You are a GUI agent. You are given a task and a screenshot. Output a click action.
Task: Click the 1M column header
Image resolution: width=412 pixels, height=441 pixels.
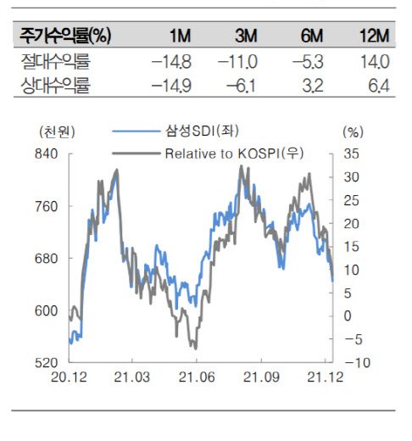tap(181, 36)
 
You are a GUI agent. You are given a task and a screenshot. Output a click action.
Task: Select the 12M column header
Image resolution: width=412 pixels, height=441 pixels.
tap(375, 36)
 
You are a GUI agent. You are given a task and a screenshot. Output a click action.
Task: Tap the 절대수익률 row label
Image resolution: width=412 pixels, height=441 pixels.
tap(55, 62)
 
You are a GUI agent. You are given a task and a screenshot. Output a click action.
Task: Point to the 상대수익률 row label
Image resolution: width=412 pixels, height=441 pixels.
tap(55, 86)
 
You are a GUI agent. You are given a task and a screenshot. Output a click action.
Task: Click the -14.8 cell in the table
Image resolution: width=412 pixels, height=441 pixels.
tap(171, 62)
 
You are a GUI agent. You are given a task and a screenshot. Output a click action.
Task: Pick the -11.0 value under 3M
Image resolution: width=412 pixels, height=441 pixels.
tap(237, 62)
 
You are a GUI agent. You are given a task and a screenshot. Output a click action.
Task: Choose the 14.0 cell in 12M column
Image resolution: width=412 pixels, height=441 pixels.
tap(376, 62)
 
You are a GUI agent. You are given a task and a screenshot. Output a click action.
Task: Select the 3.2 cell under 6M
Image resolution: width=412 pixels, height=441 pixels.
tap(313, 86)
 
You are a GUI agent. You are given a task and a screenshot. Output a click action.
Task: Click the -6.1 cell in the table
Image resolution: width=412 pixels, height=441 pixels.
tap(242, 86)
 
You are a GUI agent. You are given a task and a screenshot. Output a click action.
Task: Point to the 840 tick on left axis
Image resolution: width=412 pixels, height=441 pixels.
tap(47, 154)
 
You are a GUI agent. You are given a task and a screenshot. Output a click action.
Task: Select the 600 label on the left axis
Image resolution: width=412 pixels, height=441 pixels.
tap(47, 311)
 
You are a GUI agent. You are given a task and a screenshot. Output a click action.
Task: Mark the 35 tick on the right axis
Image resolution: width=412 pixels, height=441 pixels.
tap(351, 154)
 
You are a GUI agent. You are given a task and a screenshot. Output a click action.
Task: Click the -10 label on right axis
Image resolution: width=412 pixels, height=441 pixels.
tap(358, 363)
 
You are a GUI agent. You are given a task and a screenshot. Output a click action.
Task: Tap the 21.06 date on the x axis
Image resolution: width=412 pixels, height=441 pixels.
tap(197, 377)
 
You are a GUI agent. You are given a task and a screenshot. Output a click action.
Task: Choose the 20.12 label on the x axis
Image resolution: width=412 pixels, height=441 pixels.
tap(69, 377)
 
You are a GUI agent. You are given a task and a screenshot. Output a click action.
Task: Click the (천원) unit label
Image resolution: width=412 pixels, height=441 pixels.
tap(58, 131)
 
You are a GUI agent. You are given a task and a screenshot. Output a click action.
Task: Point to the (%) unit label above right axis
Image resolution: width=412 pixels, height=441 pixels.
tap(353, 131)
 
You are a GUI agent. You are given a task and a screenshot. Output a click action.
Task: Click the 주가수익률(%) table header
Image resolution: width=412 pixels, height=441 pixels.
tap(65, 36)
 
